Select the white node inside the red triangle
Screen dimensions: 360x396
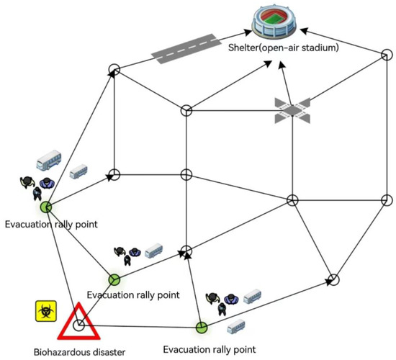(x=79, y=325)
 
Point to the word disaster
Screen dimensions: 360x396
(x=106, y=352)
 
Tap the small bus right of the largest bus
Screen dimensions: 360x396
(x=78, y=173)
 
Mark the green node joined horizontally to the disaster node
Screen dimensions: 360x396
(x=202, y=327)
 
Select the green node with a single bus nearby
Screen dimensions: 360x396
(x=113, y=279)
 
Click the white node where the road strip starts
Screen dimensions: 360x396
(x=113, y=70)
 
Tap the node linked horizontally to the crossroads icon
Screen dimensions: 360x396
(x=186, y=110)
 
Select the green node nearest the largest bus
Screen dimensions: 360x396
(x=46, y=207)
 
